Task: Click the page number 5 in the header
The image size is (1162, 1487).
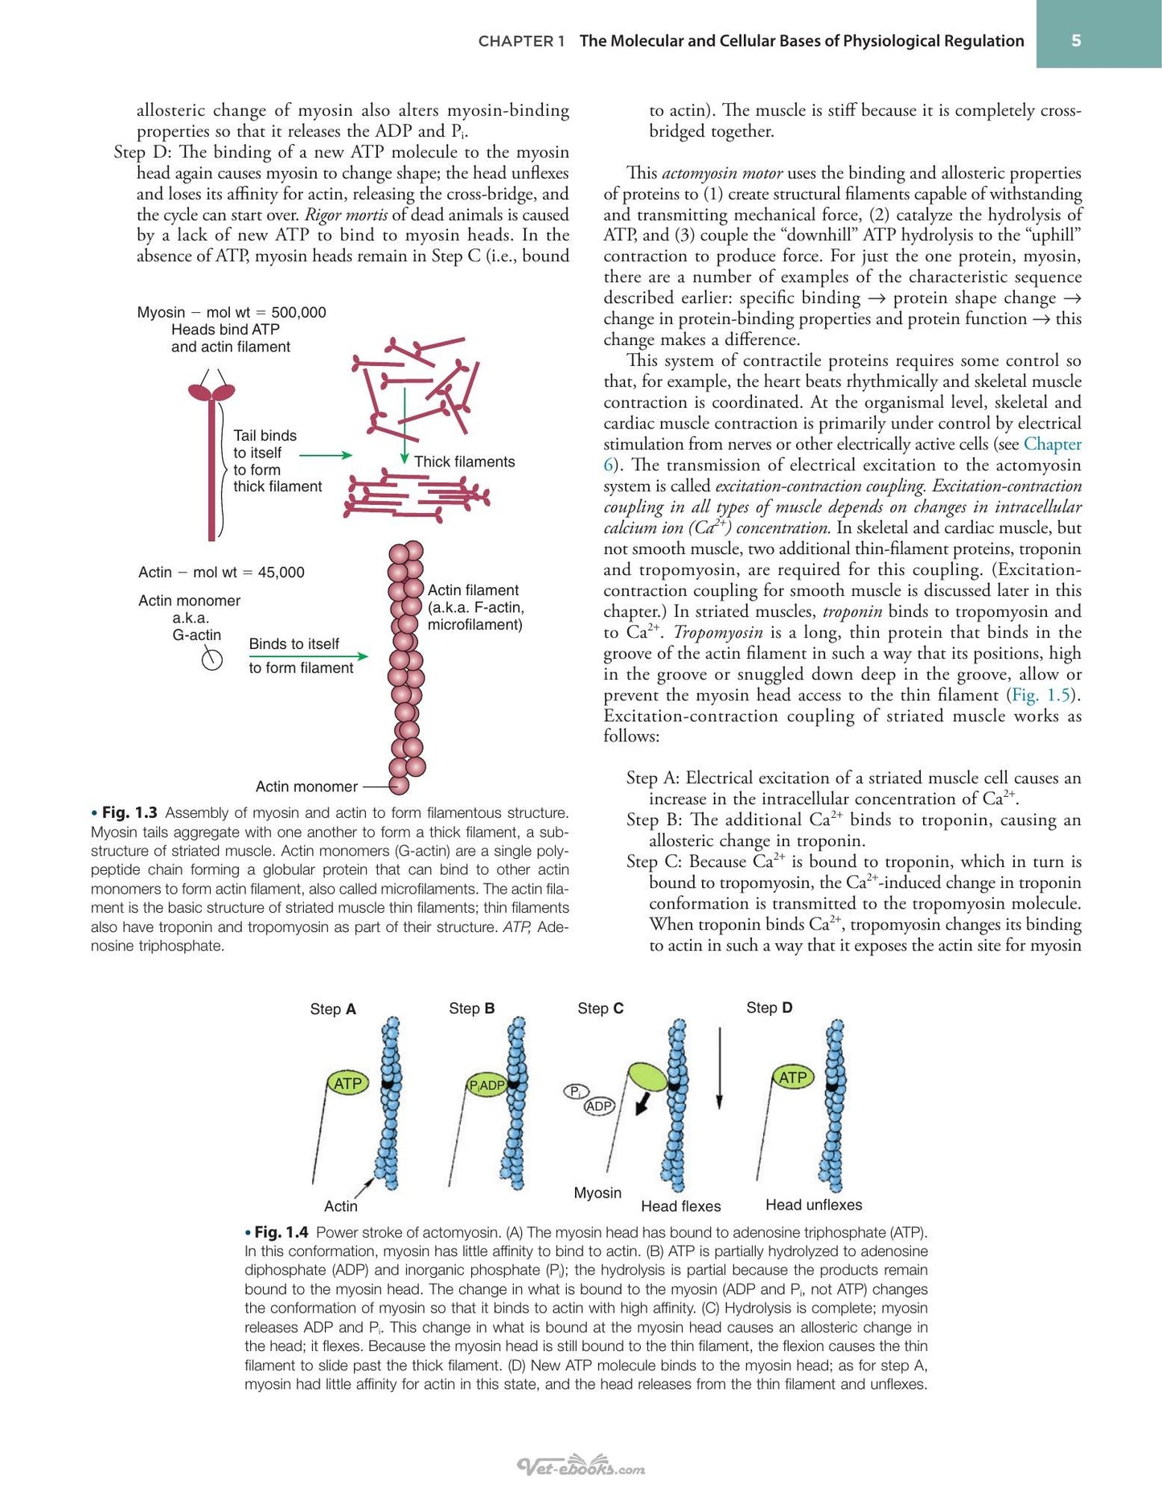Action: point(1076,40)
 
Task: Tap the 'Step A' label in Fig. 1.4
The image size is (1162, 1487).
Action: point(333,1009)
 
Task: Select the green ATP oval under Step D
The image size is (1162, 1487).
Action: point(793,1077)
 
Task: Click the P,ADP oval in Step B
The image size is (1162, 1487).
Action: point(487,1085)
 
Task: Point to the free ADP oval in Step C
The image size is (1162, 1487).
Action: point(599,1107)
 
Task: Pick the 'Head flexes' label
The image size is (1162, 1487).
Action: point(681,1206)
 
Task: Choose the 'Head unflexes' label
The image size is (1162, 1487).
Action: point(814,1205)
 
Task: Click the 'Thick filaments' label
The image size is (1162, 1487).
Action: point(465,462)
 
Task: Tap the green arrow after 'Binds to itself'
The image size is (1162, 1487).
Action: point(309,656)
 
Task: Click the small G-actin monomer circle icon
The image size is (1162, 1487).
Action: point(211,660)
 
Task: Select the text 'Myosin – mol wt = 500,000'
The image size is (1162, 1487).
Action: point(232,312)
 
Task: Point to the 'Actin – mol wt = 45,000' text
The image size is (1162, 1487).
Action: point(221,573)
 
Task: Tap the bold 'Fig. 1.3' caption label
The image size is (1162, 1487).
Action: point(129,813)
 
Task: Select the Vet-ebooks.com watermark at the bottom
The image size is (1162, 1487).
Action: point(581,1467)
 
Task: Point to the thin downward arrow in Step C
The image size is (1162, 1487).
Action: point(720,1067)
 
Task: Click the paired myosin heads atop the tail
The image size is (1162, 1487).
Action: point(211,392)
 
